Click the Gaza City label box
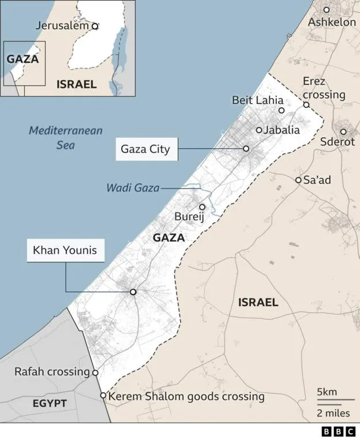pyautogui.click(x=145, y=149)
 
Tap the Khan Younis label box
pyautogui.click(x=64, y=251)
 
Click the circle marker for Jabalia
pyautogui.click(x=259, y=130)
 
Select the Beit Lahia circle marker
pyautogui.click(x=282, y=110)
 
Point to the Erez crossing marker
pyautogui.click(x=306, y=105)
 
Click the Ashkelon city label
pyautogui.click(x=332, y=22)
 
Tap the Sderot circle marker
pyautogui.click(x=343, y=131)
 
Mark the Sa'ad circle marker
pyautogui.click(x=298, y=180)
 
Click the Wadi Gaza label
pyautogui.click(x=133, y=187)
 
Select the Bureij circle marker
pyautogui.click(x=202, y=206)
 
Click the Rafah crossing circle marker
pyautogui.click(x=95, y=373)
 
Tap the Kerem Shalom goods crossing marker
pyautogui.click(x=103, y=396)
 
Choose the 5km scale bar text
pyautogui.click(x=327, y=392)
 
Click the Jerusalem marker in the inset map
pyautogui.click(x=95, y=26)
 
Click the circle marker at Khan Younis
pyautogui.click(x=133, y=292)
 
